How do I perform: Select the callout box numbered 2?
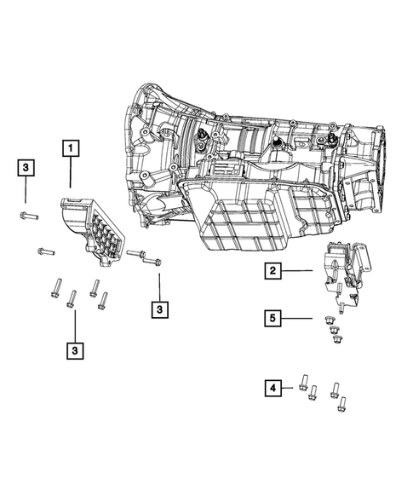[x=272, y=271]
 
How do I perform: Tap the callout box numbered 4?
[x=272, y=389]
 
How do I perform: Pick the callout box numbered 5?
[x=272, y=318]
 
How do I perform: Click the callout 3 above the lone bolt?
[x=26, y=169]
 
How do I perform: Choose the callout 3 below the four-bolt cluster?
[x=75, y=349]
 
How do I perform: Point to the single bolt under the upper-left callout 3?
[x=26, y=216]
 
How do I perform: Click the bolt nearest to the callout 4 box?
[x=304, y=382]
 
